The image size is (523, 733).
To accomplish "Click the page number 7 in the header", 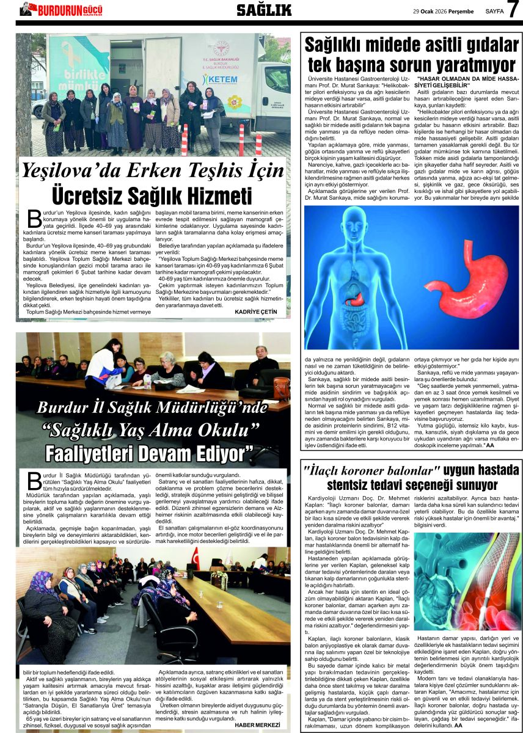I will pyautogui.click(x=513, y=10).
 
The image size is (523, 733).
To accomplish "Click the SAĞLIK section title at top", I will pyautogui.click(x=264, y=10).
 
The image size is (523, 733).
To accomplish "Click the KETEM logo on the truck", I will pyautogui.click(x=220, y=79).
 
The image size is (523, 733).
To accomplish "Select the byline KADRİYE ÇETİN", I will pyautogui.click(x=255, y=312).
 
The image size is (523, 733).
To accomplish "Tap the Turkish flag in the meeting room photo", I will pyautogui.click(x=196, y=557).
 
